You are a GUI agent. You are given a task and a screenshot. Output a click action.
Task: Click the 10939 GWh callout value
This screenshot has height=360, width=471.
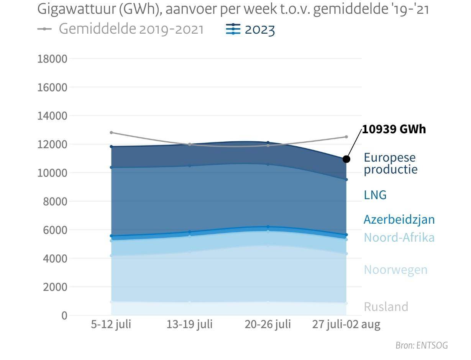click(x=394, y=129)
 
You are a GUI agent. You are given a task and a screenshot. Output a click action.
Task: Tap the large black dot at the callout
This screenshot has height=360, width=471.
click(x=346, y=159)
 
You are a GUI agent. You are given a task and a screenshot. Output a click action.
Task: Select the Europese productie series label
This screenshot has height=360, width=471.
click(x=390, y=163)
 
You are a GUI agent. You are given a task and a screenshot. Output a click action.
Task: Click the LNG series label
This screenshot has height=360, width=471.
click(x=375, y=195)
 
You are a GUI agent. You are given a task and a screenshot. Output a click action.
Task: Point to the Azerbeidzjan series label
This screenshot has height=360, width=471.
click(x=399, y=219)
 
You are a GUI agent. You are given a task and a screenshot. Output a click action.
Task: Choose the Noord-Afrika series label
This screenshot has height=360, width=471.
click(x=399, y=237)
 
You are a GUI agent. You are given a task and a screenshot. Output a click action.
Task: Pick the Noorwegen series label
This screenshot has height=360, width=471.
click(x=395, y=270)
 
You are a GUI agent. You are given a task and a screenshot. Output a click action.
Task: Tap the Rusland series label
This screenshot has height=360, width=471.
click(x=386, y=307)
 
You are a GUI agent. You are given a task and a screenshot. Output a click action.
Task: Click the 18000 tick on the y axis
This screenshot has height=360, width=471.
click(x=52, y=59)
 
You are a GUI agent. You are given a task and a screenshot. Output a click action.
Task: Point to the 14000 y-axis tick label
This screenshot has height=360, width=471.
click(x=52, y=116)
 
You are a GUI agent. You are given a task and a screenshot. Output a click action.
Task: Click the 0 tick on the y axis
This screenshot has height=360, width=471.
click(x=64, y=316)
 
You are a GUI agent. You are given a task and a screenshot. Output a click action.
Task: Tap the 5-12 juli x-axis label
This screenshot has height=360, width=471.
click(x=111, y=325)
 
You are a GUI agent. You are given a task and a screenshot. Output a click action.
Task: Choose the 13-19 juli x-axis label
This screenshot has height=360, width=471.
click(x=189, y=325)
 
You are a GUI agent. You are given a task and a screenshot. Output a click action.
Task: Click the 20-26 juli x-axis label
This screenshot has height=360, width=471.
click(x=268, y=325)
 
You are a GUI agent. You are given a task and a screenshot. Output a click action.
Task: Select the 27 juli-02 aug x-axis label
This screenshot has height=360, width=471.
click(x=346, y=325)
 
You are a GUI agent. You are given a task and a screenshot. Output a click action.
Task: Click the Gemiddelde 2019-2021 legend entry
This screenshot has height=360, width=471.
click(x=121, y=29)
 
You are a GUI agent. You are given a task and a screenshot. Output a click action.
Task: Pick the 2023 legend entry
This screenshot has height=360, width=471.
click(x=251, y=29)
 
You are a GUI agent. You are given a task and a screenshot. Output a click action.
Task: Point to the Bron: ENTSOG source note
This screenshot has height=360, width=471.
click(x=422, y=345)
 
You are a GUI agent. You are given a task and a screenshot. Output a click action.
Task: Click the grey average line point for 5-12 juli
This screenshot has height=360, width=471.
click(x=111, y=133)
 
